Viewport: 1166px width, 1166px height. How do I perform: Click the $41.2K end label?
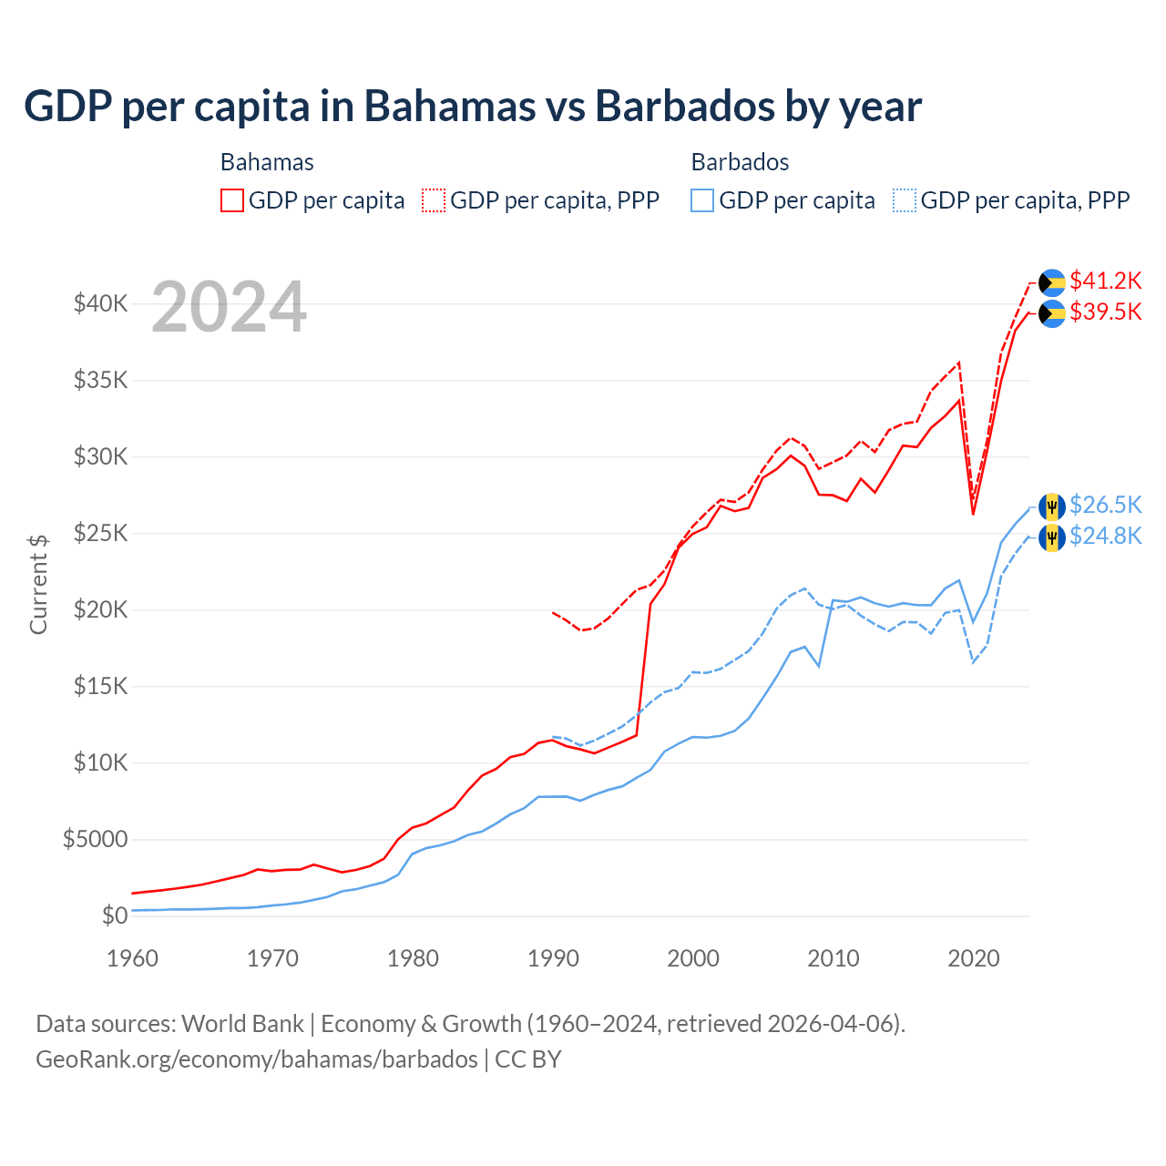pos(1105,281)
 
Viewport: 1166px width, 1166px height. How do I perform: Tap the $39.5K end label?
pos(1105,312)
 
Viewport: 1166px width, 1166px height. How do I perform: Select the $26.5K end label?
pos(1105,506)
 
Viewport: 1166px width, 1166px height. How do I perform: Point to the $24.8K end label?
pos(1105,537)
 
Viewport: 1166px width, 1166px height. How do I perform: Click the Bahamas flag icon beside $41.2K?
pos(1052,282)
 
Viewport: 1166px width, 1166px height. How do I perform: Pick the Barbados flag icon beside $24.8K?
pos(1052,538)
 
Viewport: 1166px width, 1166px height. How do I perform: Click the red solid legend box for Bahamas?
pos(232,200)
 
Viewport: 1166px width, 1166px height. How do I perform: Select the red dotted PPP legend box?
pos(434,200)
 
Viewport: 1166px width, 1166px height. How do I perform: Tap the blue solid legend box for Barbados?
pos(702,200)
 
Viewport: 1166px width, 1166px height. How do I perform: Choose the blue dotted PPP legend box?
pos(905,200)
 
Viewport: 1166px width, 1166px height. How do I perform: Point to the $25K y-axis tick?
pos(101,533)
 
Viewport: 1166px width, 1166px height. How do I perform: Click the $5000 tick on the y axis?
pos(96,839)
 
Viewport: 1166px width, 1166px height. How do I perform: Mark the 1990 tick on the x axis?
pos(553,958)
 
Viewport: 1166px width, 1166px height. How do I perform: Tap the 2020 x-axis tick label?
pos(974,958)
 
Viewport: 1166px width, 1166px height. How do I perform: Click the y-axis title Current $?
pos(38,584)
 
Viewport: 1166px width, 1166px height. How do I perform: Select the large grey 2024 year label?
pos(229,308)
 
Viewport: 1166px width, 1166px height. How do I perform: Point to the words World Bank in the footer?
pos(243,1024)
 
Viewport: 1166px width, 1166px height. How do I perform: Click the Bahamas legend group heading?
pos(267,162)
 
